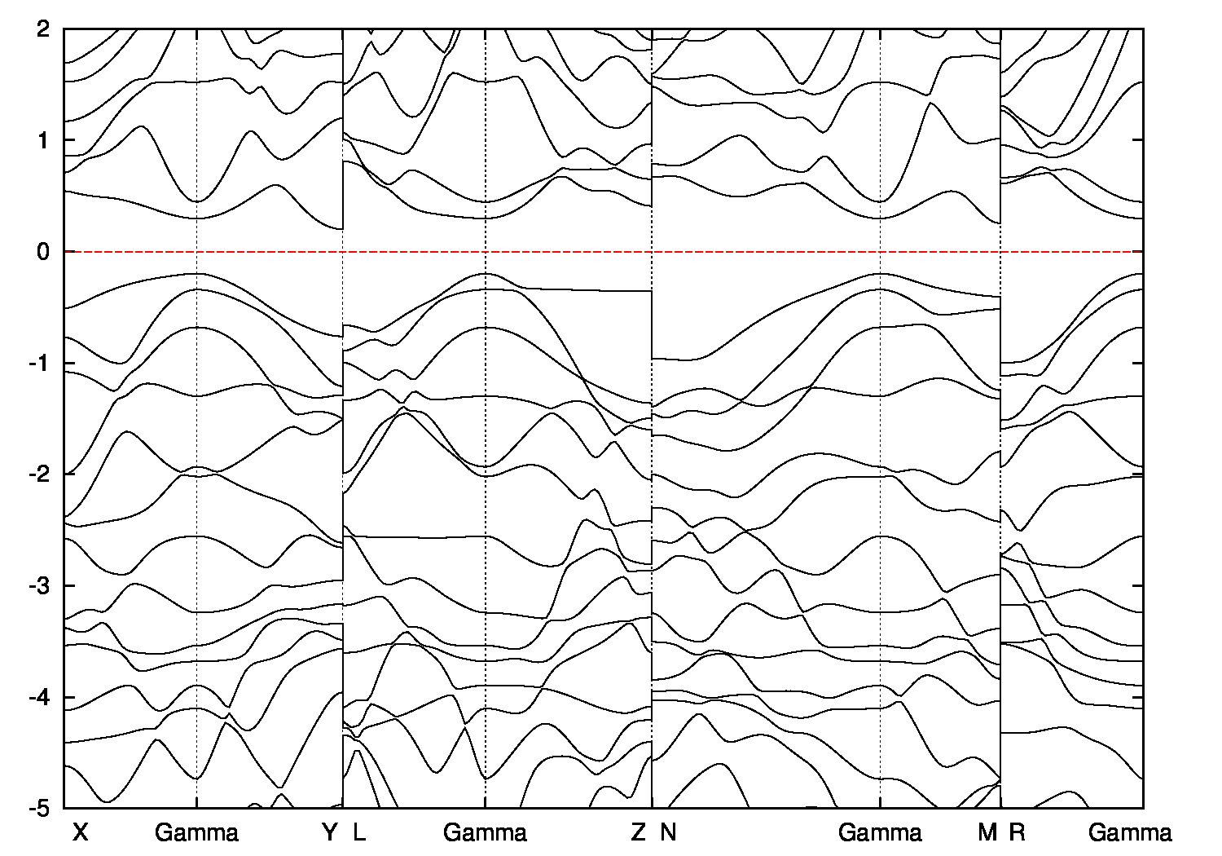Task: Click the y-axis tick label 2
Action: [45, 29]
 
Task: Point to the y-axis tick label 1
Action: [45, 140]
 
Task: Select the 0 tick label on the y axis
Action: [45, 252]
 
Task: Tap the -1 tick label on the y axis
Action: [41, 363]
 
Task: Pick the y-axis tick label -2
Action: [41, 474]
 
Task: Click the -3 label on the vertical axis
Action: [41, 585]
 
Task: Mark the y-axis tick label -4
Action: [41, 697]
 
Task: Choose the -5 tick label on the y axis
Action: [41, 808]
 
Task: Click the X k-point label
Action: [80, 832]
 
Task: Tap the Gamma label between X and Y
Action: [196, 832]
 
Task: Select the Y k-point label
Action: [329, 832]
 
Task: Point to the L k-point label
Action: [359, 832]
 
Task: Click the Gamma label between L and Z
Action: [485, 832]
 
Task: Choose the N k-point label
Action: [668, 832]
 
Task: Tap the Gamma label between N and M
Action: [880, 832]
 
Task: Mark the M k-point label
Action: [987, 832]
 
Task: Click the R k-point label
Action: [1017, 832]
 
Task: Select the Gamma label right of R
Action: [1130, 832]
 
